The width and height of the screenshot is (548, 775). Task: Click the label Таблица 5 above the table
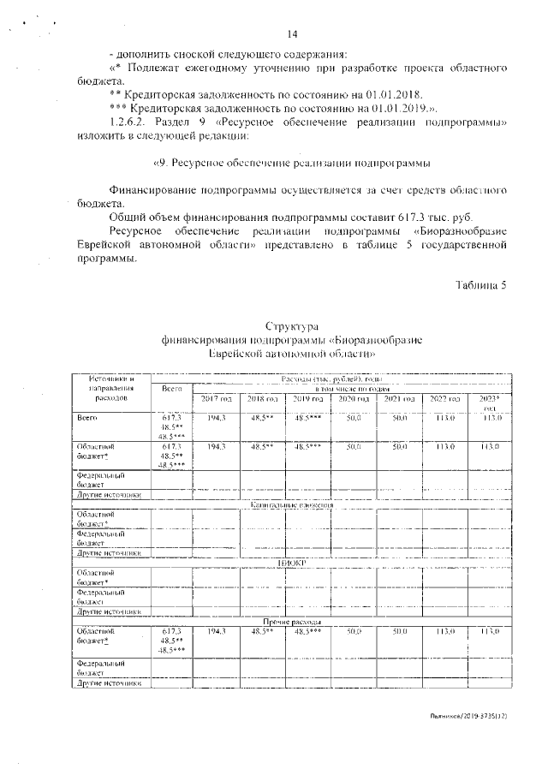[x=479, y=285]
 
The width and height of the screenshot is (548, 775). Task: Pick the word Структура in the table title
[x=291, y=326]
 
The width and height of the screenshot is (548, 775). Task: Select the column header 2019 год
[x=307, y=400]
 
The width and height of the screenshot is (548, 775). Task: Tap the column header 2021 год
[x=399, y=400]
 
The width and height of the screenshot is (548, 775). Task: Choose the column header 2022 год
[x=444, y=400]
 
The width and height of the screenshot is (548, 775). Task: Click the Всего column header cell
[x=172, y=389]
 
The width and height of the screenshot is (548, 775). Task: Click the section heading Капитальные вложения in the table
[x=291, y=506]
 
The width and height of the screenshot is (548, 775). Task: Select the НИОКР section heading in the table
[x=291, y=563]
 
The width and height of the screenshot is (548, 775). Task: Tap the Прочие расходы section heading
[x=291, y=620]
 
